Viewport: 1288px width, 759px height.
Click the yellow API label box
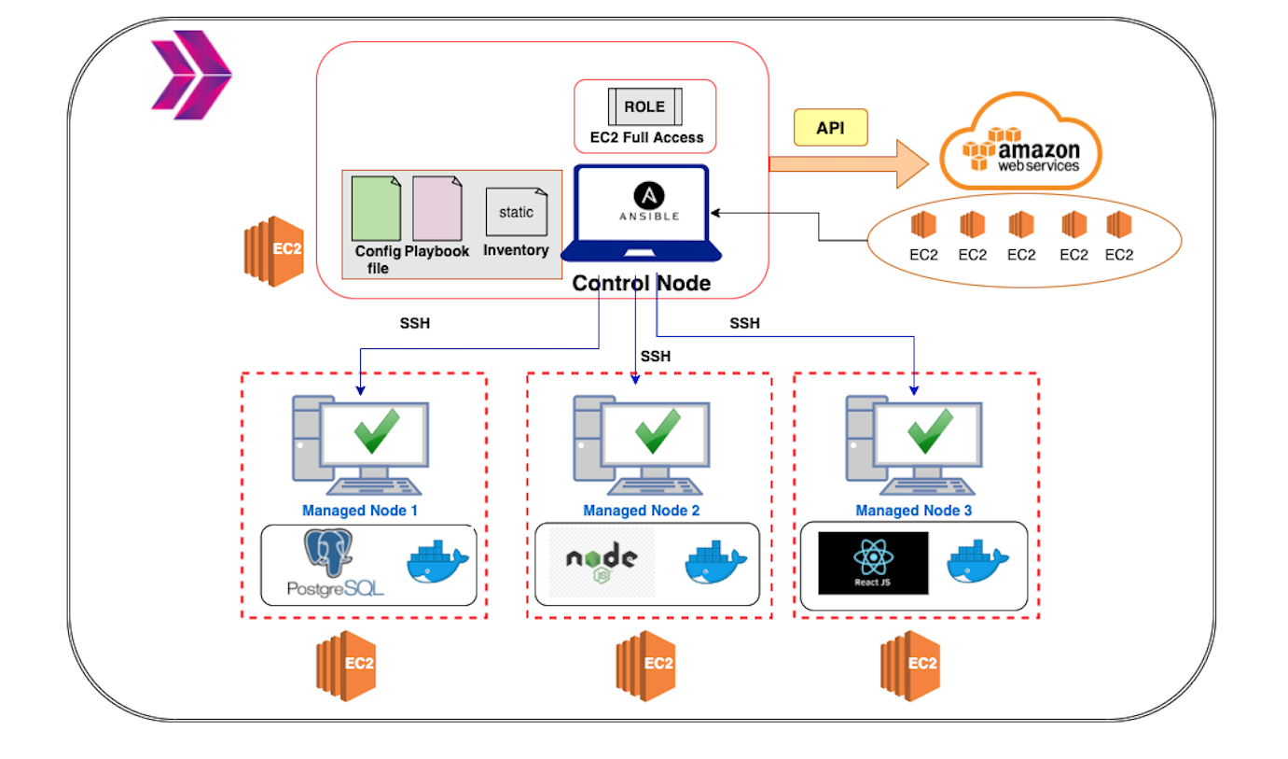[830, 128]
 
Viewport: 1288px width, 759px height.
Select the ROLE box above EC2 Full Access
[644, 107]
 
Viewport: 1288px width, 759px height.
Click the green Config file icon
[376, 208]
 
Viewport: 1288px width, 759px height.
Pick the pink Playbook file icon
[436, 208]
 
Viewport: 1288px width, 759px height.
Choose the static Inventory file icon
[516, 213]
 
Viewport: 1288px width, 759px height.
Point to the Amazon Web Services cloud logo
[1020, 145]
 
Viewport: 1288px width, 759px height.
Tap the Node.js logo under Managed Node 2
[602, 563]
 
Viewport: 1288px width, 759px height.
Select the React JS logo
[873, 563]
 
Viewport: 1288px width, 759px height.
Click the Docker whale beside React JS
[977, 563]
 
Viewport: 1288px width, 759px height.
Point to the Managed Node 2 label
[641, 511]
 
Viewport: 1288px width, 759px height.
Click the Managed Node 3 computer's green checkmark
[930, 431]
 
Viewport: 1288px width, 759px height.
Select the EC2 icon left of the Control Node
[273, 249]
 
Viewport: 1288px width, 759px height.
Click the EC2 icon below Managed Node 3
[909, 665]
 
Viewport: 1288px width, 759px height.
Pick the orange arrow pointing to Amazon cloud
[849, 164]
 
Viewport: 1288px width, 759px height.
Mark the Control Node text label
[641, 283]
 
